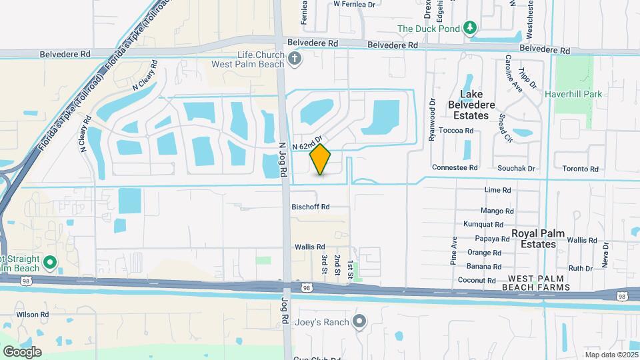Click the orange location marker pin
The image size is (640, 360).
320,159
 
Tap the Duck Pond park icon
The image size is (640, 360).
471,27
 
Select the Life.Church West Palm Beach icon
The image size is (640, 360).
295,59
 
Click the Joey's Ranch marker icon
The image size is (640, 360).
359,323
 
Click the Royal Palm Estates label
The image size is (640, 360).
538,239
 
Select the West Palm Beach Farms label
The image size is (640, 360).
539,282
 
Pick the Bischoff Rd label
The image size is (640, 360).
310,207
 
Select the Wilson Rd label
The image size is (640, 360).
33,314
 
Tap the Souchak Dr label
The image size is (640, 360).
517,168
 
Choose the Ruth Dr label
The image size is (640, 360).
580,268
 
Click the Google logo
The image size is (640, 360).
22,351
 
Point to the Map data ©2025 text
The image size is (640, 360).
609,354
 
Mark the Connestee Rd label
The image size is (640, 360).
455,168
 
